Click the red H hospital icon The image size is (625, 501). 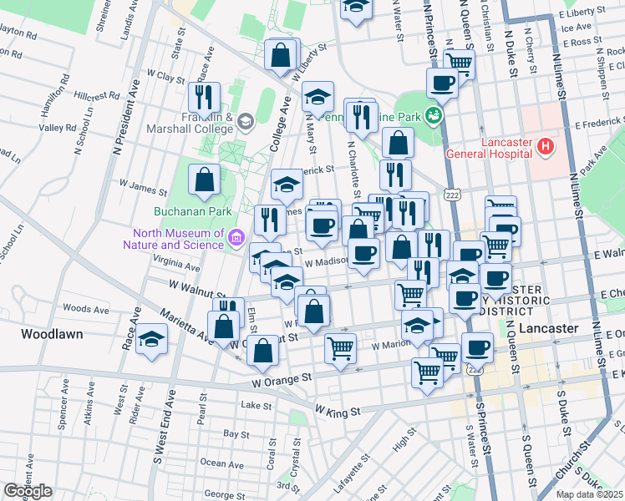click(x=546, y=147)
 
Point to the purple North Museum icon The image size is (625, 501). click(x=236, y=240)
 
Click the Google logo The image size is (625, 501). click(x=28, y=491)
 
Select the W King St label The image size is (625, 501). click(x=338, y=411)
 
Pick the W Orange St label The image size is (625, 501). click(x=282, y=378)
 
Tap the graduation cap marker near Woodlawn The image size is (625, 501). click(x=151, y=338)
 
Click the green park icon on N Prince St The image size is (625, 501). click(x=434, y=114)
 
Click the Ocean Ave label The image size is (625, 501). click(x=223, y=463)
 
